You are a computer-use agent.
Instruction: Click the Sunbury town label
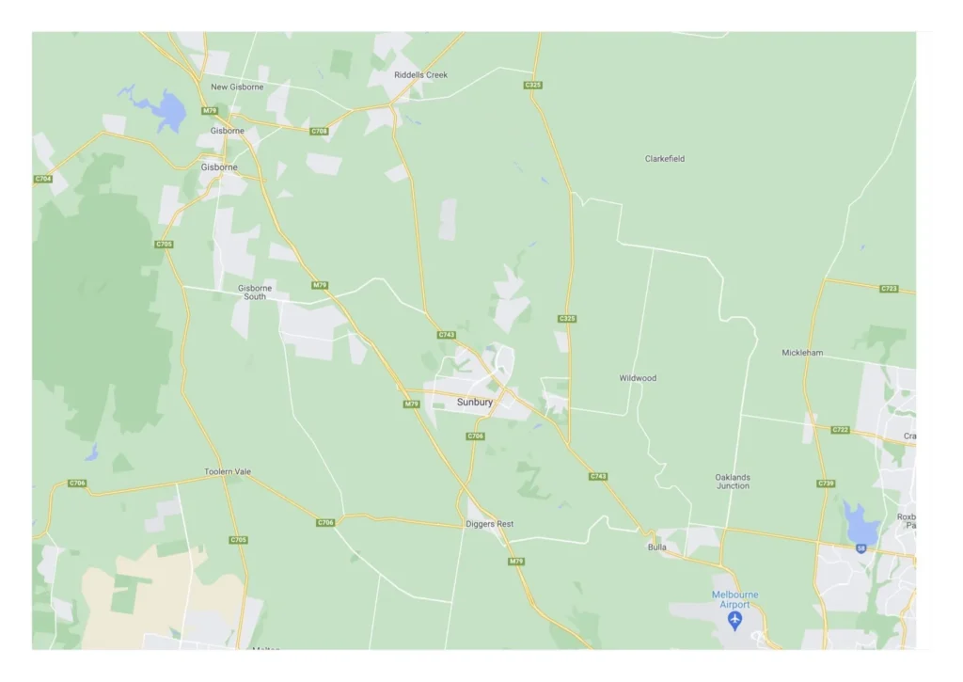coord(474,402)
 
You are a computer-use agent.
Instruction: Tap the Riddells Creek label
coord(420,74)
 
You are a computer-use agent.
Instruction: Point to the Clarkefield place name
coord(665,159)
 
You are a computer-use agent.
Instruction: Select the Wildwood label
coord(638,378)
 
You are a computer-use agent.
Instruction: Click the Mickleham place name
coord(802,353)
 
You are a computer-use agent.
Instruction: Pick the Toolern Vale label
coord(228,471)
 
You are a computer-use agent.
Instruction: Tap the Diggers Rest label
coord(491,524)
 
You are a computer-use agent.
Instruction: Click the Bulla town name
coord(656,547)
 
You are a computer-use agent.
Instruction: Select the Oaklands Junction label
coord(733,482)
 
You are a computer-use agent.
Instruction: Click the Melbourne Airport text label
coord(734,599)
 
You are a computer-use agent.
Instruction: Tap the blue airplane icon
coord(734,621)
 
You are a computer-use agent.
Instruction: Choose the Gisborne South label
coord(255,292)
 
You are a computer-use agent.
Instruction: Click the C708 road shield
coord(320,131)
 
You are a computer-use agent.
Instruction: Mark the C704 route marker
coord(43,179)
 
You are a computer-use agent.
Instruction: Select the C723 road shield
coord(889,288)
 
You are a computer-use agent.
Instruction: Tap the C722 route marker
coord(841,430)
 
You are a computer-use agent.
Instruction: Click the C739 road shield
coord(826,483)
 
